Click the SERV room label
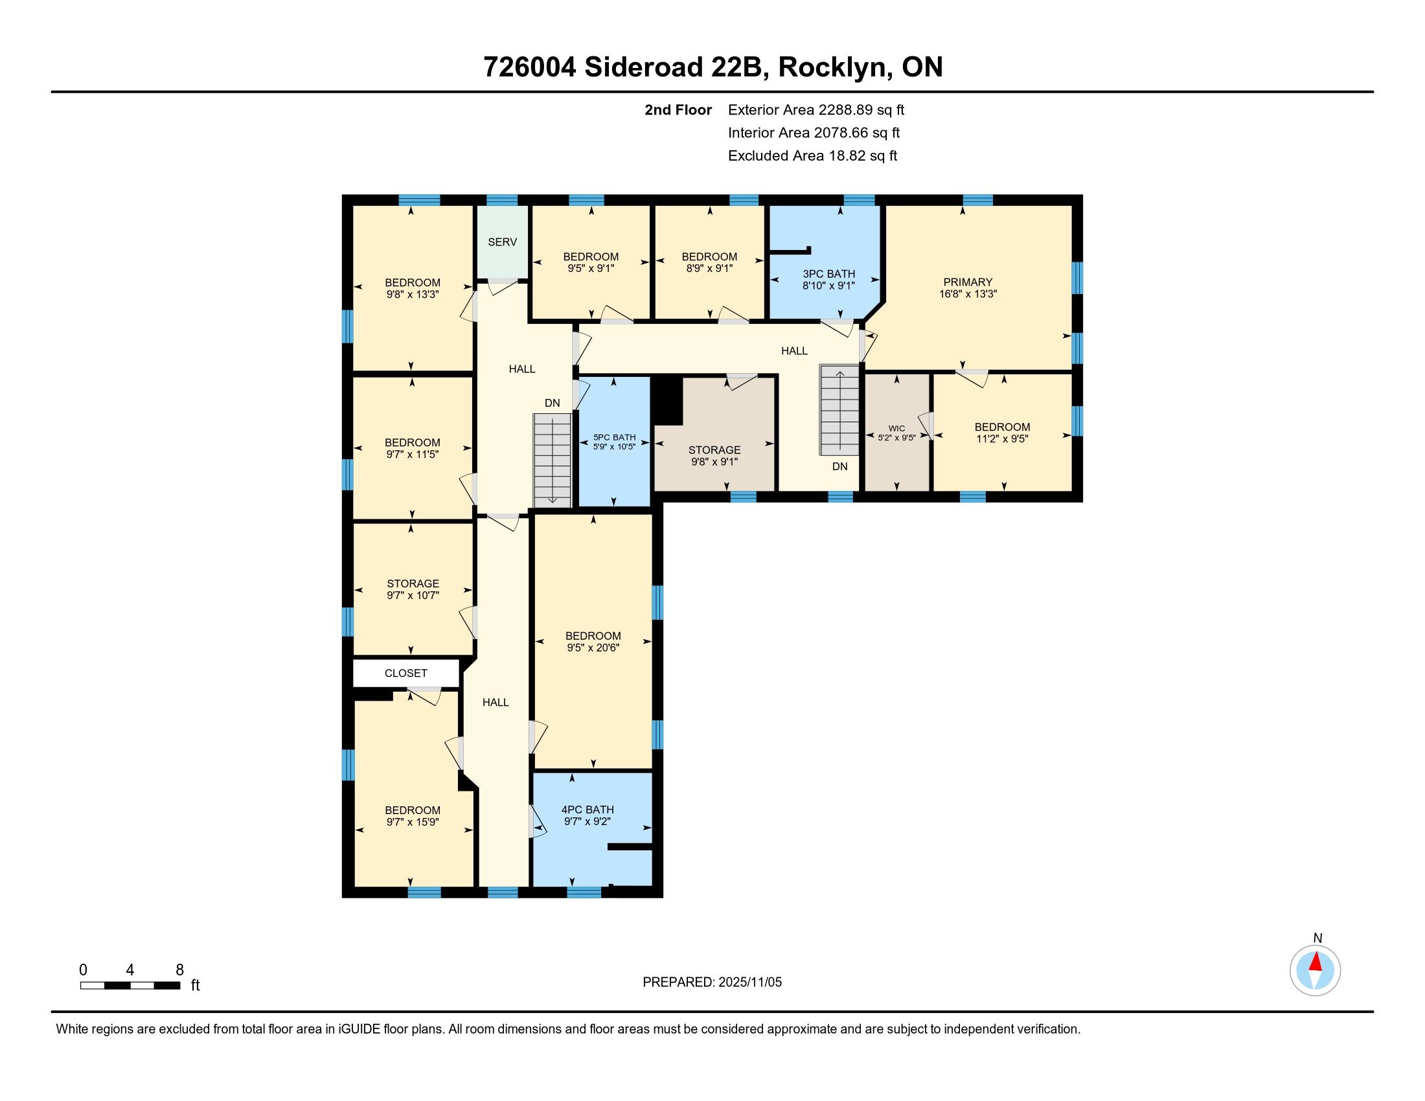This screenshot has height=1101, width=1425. click(503, 242)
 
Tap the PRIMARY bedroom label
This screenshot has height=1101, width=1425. click(968, 282)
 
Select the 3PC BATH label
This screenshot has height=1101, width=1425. click(828, 274)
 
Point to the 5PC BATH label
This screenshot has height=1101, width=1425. click(614, 438)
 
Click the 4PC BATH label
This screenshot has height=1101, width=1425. click(587, 810)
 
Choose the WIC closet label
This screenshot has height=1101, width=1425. click(896, 429)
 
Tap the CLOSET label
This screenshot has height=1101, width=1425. click(406, 673)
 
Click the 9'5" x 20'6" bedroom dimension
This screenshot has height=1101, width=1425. click(593, 648)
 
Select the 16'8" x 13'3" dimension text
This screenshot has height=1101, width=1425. click(968, 293)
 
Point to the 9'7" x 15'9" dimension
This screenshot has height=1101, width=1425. click(413, 823)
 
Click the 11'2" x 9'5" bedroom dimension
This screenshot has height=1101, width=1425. click(1002, 439)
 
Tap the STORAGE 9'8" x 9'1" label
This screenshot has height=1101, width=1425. click(714, 456)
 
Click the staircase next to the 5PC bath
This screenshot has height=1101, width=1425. click(553, 461)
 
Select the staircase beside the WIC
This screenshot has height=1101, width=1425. click(839, 410)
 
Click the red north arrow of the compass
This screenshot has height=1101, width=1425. click(1316, 962)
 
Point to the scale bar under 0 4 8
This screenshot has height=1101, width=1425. click(130, 985)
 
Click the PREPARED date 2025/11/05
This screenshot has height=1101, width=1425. click(749, 982)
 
